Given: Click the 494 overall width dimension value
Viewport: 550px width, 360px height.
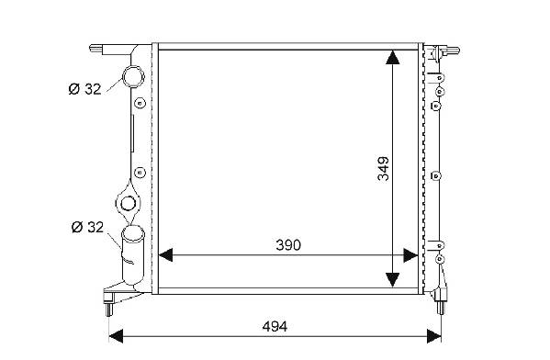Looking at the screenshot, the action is [x=275, y=327].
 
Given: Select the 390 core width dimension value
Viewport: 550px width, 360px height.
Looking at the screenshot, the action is [x=288, y=245].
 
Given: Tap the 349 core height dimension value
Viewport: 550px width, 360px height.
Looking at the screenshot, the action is [x=384, y=169].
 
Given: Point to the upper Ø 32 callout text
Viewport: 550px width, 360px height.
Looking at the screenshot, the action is [x=84, y=89].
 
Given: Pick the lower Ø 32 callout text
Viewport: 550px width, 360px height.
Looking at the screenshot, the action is [x=87, y=227].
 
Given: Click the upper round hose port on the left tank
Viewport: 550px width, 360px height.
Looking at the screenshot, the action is [x=133, y=77].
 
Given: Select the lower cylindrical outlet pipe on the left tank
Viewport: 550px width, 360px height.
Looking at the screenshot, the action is [x=133, y=255].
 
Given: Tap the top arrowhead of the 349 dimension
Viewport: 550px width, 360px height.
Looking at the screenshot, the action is [x=392, y=57].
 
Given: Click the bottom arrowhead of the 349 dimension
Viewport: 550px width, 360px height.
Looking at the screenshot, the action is [x=392, y=280].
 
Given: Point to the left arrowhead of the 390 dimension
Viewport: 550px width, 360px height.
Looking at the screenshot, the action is [x=165, y=255].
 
